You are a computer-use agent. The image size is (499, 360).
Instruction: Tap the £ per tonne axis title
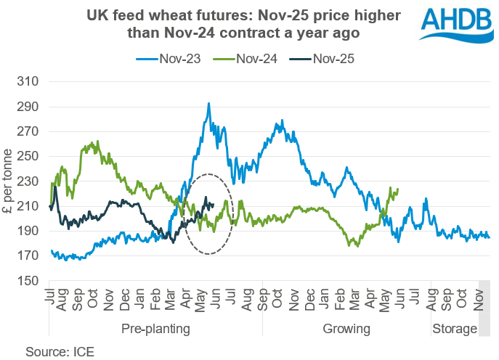(x=10, y=181)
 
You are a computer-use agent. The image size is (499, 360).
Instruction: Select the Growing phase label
(x=346, y=330)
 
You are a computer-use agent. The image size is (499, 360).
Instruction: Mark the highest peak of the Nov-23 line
(x=209, y=104)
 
